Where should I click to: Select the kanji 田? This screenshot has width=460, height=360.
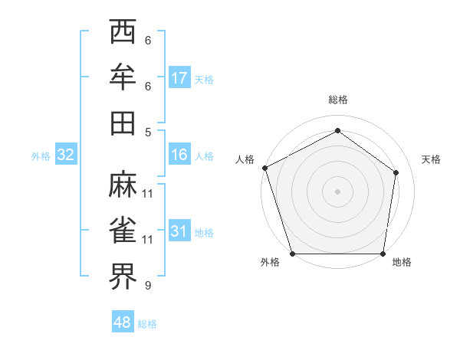(123, 123)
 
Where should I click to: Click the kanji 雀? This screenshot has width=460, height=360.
(123, 230)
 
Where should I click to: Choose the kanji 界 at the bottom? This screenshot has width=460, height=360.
(123, 276)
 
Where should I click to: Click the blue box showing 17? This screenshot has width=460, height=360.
(179, 78)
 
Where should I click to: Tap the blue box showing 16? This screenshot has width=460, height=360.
(179, 155)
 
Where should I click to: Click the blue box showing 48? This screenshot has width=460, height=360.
(122, 323)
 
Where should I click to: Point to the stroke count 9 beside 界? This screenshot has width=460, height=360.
(147, 286)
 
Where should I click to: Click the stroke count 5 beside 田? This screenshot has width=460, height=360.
(147, 132)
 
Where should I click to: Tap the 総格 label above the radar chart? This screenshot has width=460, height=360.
(337, 100)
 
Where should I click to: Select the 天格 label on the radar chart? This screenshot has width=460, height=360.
(431, 159)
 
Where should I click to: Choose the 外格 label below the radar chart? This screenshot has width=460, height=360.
(270, 263)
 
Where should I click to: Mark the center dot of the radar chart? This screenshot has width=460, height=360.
(337, 191)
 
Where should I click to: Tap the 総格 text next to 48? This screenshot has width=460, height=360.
(147, 324)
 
